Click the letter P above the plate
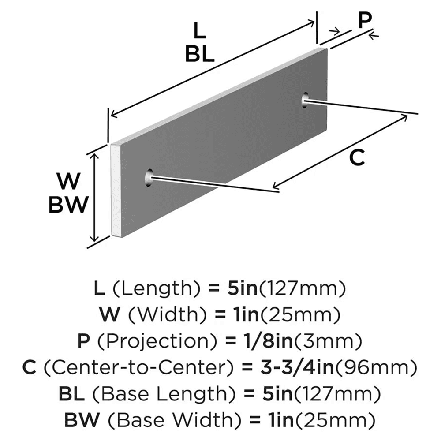[x=364, y=21]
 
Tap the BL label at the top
[x=199, y=55]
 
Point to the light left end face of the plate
[x=116, y=190]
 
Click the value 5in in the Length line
[x=239, y=289]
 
